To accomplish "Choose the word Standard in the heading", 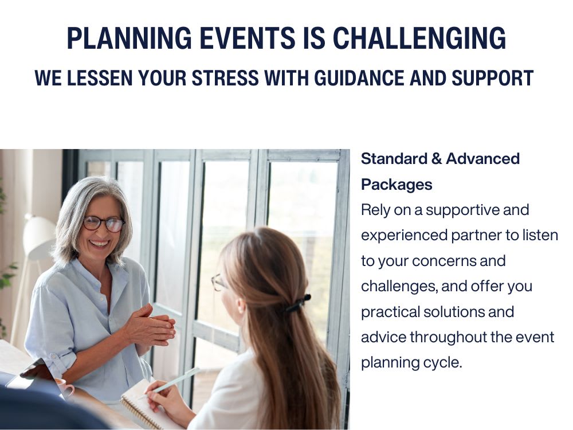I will click(393, 159).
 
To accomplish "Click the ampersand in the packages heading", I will click(437, 159).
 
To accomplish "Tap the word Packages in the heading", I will click(397, 185).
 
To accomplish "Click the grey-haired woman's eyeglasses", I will click(104, 223).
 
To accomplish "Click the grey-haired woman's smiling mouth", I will click(100, 243).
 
